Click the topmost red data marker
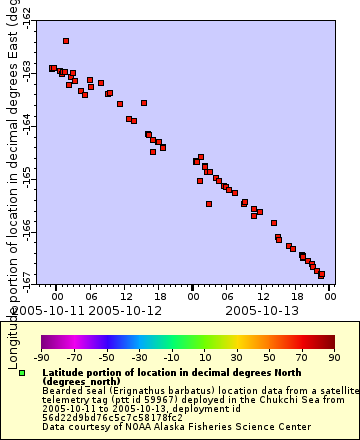click(x=66, y=41)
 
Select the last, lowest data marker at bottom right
click(x=321, y=275)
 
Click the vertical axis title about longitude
click(x=11, y=180)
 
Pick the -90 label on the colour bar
click(x=42, y=356)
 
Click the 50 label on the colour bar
click(x=270, y=356)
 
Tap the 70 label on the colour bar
click(x=302, y=356)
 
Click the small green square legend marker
click(x=22, y=373)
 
